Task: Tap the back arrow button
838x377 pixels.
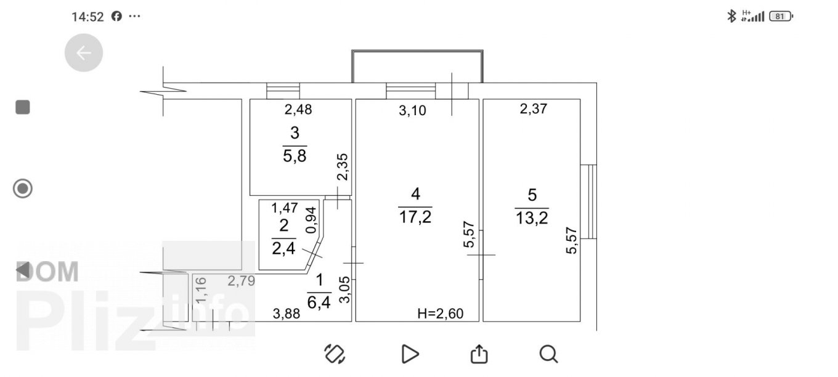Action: pyautogui.click(x=83, y=53)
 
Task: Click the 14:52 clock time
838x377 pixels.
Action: pyautogui.click(x=87, y=17)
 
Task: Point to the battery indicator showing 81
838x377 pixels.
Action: pyautogui.click(x=781, y=17)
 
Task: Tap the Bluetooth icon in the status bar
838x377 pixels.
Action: pyautogui.click(x=731, y=16)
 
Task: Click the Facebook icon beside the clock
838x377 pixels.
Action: pyautogui.click(x=116, y=16)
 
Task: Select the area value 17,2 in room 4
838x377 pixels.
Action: pyautogui.click(x=415, y=217)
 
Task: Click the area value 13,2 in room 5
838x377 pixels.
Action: pyautogui.click(x=532, y=217)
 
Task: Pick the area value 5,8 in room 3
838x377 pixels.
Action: pyautogui.click(x=295, y=156)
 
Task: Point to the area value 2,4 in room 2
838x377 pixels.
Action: pyautogui.click(x=283, y=248)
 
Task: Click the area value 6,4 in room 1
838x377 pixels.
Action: pyautogui.click(x=319, y=302)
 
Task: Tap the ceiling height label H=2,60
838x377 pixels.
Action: pyautogui.click(x=441, y=314)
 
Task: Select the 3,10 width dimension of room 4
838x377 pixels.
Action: pyautogui.click(x=412, y=110)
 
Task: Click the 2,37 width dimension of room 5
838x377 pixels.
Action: pyautogui.click(x=534, y=109)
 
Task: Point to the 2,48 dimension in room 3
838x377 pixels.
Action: pyautogui.click(x=298, y=109)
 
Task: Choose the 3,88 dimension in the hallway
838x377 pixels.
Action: pyautogui.click(x=286, y=314)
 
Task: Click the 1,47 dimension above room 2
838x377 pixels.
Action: pyautogui.click(x=284, y=208)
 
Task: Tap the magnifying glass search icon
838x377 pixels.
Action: pyautogui.click(x=548, y=354)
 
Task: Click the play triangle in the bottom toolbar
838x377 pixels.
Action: pyautogui.click(x=410, y=354)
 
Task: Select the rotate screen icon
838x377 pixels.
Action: pyautogui.click(x=335, y=354)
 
